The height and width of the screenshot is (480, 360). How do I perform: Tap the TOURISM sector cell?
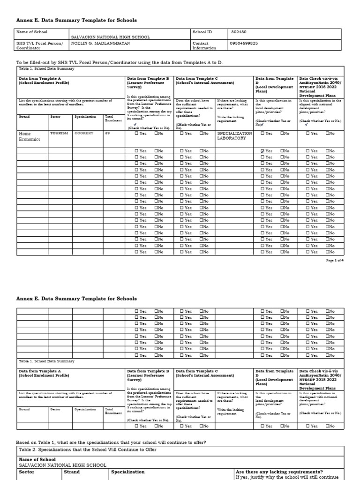tap(59, 133)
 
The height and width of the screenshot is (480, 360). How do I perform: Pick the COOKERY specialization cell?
tap(84, 133)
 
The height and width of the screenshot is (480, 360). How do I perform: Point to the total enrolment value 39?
tap(108, 133)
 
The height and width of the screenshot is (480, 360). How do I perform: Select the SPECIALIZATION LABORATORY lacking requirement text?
tap(234, 136)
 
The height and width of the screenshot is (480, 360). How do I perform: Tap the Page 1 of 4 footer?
tap(335, 260)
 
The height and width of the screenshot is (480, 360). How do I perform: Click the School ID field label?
tap(202, 32)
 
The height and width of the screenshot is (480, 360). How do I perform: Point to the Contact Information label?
tap(204, 45)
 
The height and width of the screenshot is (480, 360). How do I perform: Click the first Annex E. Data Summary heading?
tap(76, 20)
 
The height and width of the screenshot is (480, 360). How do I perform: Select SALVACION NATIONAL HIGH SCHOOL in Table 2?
tap(62, 465)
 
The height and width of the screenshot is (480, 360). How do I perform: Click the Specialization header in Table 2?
tap(128, 472)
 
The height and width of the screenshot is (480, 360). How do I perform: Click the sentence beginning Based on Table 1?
tap(111, 442)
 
